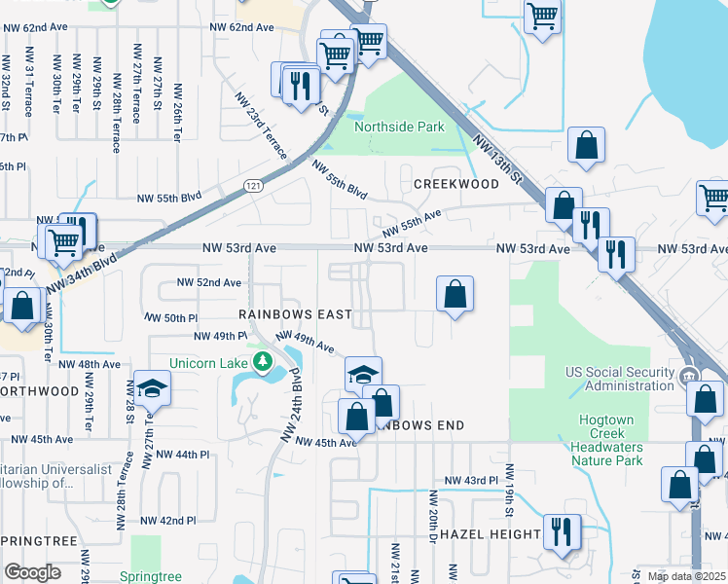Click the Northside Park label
tap(399, 127)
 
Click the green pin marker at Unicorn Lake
tap(262, 362)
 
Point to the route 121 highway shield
tap(252, 186)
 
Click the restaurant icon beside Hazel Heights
tap(562, 530)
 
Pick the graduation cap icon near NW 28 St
tap(152, 388)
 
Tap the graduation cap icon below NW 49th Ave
tap(363, 374)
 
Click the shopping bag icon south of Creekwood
tap(455, 293)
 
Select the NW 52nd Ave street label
tap(207, 282)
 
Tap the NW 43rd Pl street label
tap(471, 481)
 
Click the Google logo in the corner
tap(32, 572)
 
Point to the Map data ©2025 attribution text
tap(685, 576)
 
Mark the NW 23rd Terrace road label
tap(260, 126)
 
